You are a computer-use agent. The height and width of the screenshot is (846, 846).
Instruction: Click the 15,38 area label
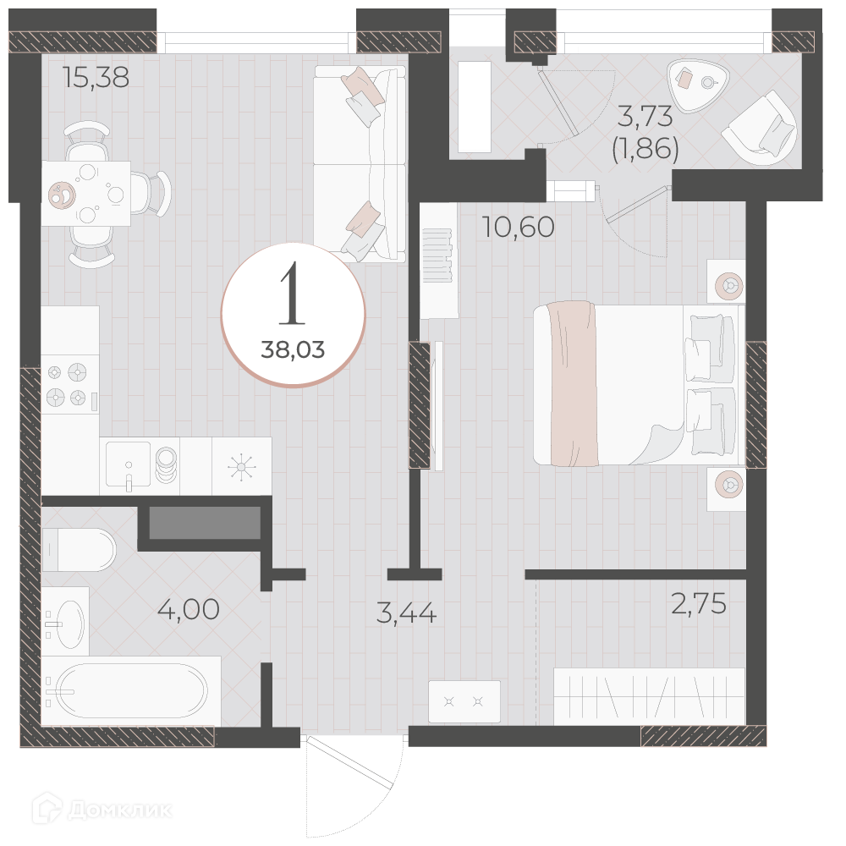point(96,77)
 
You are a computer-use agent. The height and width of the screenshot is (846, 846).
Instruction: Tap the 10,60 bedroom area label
point(519,227)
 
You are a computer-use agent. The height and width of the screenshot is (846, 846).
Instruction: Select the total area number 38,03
point(293,350)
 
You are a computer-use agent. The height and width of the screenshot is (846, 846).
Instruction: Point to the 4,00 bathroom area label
point(189,609)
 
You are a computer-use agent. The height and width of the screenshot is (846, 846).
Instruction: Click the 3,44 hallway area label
point(406,613)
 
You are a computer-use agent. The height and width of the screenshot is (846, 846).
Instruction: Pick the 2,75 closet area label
point(699,603)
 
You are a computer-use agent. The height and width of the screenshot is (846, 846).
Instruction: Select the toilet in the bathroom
point(79,550)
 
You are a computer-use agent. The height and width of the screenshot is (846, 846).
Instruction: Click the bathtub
point(131,690)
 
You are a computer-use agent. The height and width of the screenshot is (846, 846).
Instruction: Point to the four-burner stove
point(70,385)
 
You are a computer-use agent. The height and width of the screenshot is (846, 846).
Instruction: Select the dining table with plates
point(86,193)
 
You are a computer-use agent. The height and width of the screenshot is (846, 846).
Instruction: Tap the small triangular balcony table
point(698,84)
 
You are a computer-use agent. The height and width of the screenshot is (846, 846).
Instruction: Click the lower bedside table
point(727,488)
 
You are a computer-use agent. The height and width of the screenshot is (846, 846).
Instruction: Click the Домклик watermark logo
point(102,810)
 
